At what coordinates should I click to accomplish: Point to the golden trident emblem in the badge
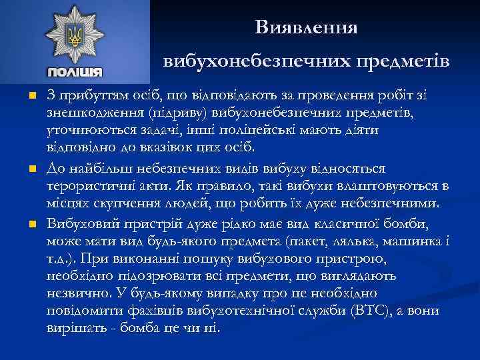click(75, 35)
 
